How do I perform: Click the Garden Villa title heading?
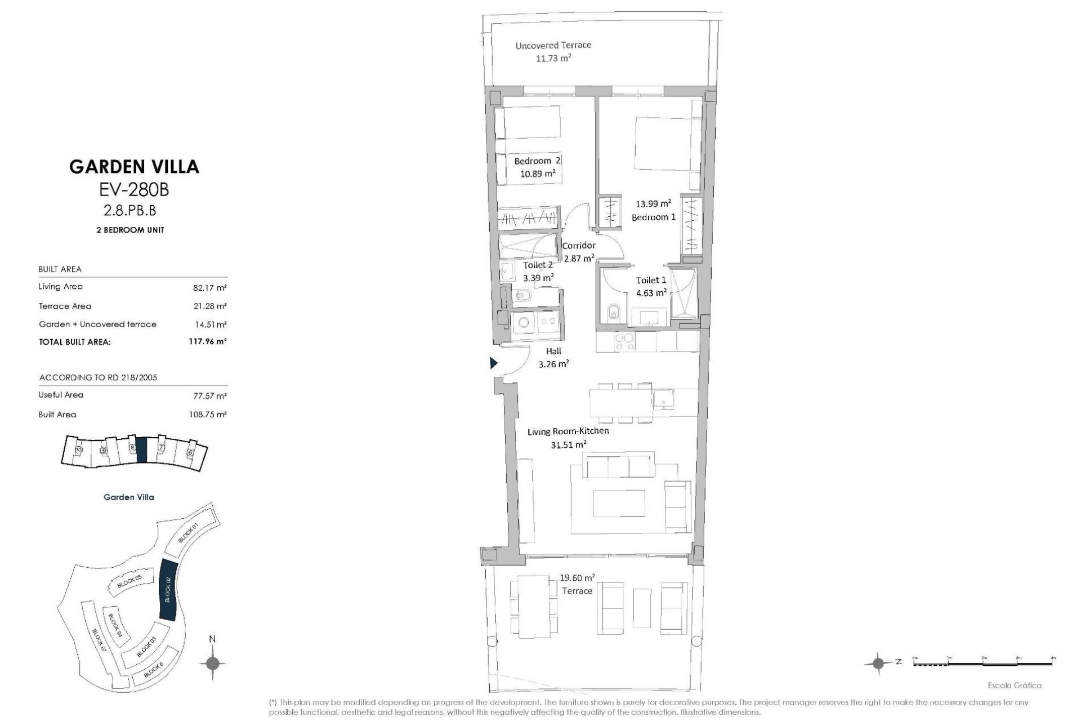(x=134, y=167)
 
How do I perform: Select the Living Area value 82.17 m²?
(x=209, y=288)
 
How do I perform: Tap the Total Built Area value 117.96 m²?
(x=207, y=341)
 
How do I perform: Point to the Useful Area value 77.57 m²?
(x=209, y=396)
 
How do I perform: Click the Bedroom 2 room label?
(x=537, y=161)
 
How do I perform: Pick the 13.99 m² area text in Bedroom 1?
(x=653, y=204)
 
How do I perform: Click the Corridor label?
(x=578, y=246)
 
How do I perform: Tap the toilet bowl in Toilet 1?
(x=613, y=311)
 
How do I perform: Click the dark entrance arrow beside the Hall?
(x=493, y=363)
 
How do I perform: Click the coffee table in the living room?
(x=619, y=503)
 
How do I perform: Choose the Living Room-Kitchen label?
(x=568, y=431)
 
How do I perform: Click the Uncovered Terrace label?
(x=553, y=45)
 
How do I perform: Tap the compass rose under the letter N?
(x=212, y=663)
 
